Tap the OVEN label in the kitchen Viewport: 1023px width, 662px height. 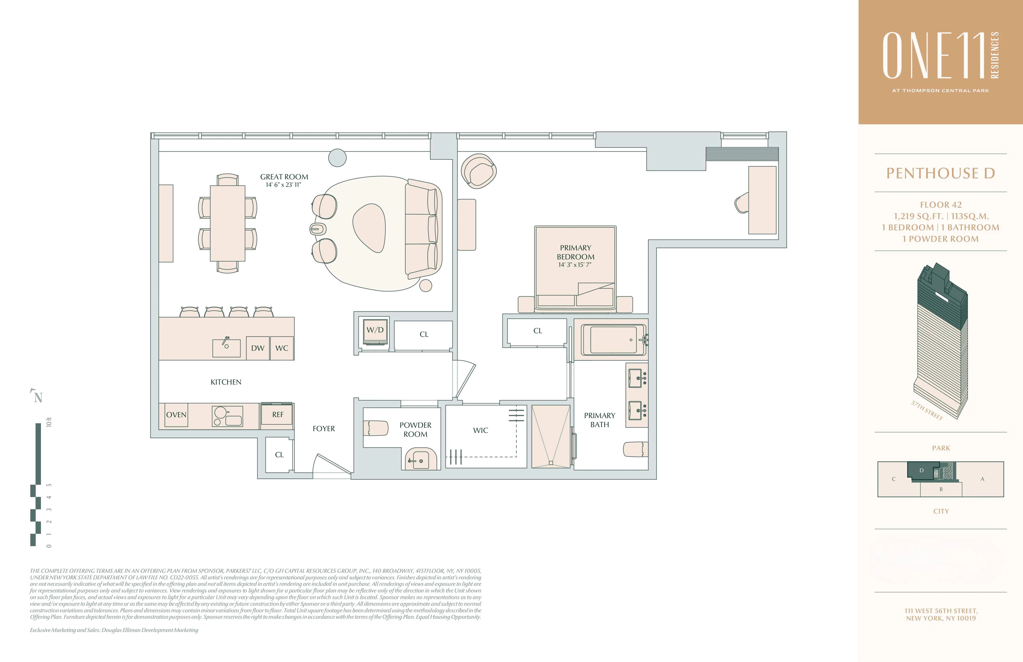(x=176, y=415)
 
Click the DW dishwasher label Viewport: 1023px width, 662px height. (x=258, y=348)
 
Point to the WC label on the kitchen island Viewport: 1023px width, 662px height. (x=282, y=348)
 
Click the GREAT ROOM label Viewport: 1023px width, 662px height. (x=284, y=177)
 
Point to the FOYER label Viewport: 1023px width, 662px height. (x=324, y=428)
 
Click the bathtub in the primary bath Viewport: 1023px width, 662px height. (x=613, y=340)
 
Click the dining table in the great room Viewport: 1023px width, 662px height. (x=227, y=223)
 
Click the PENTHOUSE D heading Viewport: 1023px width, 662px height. (x=941, y=173)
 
